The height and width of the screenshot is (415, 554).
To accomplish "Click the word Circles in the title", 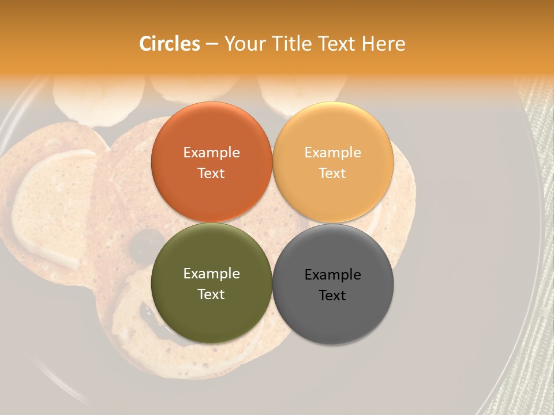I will pos(169,44).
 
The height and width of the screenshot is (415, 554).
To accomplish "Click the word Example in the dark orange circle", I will pos(211,153).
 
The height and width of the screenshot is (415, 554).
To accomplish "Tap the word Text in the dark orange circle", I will pos(211,173).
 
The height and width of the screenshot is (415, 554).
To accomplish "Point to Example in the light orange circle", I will pos(333,153).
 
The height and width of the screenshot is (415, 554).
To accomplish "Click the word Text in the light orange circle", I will pos(333,173).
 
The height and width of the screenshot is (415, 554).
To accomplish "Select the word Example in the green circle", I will pos(211,274).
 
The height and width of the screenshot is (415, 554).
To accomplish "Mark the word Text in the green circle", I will pos(211,295).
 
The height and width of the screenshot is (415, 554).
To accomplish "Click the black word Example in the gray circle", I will pos(333,275).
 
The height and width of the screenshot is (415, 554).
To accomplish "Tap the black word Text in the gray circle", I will pos(333,296).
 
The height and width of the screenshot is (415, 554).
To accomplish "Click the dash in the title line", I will pos(212,44).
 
